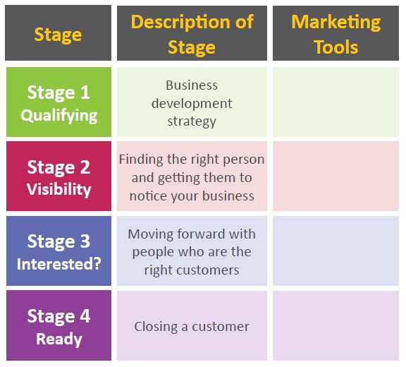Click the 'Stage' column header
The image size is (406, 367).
58,32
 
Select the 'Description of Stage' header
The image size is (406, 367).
192,33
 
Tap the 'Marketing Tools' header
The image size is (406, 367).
336,33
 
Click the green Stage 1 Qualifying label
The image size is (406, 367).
59,102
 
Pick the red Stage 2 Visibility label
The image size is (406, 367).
59,176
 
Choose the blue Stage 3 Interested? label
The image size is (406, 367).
59,251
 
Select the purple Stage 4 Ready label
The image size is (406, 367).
59,325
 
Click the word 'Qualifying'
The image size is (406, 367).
59,116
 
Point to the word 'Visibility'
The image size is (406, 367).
59,189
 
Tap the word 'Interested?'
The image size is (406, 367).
59,264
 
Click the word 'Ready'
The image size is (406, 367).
59,339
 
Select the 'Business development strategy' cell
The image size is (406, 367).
192,102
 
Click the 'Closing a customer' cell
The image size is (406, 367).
192,325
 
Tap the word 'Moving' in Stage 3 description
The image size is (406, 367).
151,234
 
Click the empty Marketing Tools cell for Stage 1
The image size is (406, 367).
336,102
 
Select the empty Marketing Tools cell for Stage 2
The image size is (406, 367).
336,176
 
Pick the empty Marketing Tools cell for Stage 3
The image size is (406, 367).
336,251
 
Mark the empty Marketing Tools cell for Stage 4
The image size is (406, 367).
336,325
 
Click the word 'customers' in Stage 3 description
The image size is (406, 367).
207,270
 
